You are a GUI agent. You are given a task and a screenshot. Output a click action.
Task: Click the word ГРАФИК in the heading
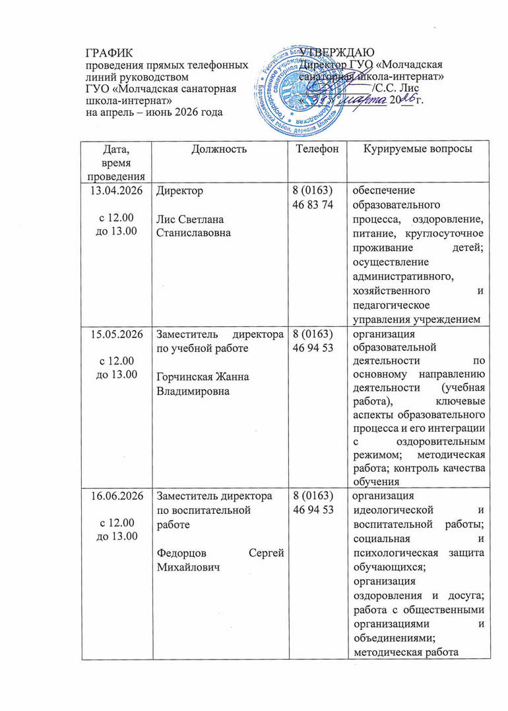coord(110,53)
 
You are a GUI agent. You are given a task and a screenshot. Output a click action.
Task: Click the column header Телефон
coord(317,150)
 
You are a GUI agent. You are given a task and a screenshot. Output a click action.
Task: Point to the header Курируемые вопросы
coord(418,150)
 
